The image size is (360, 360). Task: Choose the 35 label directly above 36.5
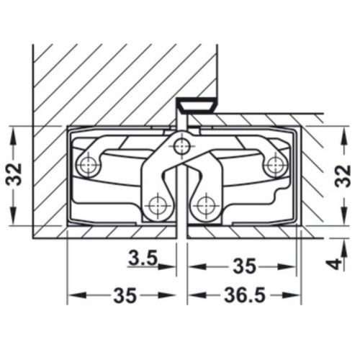[x=243, y=266]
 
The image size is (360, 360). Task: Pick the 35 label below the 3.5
[x=125, y=296]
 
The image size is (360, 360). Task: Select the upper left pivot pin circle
[x=90, y=165]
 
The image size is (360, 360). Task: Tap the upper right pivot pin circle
[x=274, y=165]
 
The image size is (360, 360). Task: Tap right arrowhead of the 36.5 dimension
[x=294, y=296]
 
